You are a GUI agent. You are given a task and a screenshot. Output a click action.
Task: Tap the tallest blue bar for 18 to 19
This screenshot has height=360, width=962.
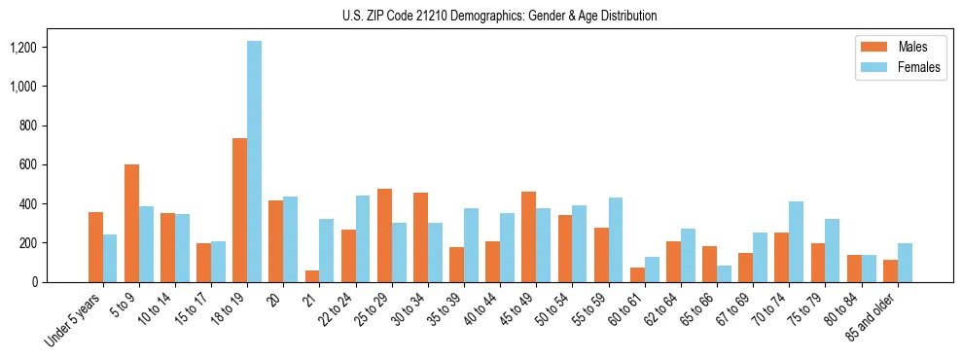(254, 162)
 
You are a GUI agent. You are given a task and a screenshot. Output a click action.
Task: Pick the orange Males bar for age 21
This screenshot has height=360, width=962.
(312, 276)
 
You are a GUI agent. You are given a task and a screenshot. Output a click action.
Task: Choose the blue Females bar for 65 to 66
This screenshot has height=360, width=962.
(724, 273)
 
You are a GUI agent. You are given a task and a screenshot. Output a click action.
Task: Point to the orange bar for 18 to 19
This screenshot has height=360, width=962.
(239, 210)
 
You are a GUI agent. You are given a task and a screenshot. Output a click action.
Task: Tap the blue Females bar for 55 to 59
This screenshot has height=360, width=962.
(615, 239)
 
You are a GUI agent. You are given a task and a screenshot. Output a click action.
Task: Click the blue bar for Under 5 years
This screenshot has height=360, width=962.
(110, 258)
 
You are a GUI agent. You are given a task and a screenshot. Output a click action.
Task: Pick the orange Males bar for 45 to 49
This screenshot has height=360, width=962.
(528, 236)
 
